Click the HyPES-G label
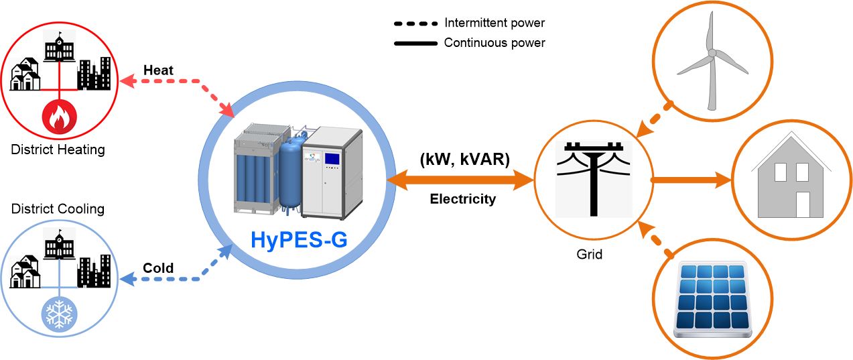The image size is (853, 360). [299, 239]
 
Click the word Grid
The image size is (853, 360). [590, 254]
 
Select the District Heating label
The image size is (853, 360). [58, 149]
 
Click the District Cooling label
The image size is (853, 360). [58, 208]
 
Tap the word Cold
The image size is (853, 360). [158, 268]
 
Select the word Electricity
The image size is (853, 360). [463, 199]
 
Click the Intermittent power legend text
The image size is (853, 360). [495, 23]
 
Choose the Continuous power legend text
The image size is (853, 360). [495, 43]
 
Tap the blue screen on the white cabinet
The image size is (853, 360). [333, 160]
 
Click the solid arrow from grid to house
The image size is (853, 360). [690, 180]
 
